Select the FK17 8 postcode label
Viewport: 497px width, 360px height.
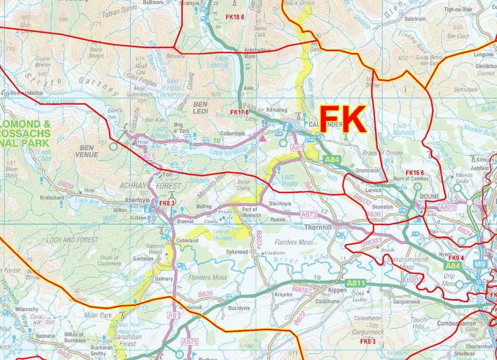[239, 112]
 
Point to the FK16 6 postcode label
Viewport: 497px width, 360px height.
[415, 173]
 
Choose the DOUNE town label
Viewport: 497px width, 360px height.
[429, 197]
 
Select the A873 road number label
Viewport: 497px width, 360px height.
[309, 215]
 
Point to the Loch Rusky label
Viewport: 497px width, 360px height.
[288, 180]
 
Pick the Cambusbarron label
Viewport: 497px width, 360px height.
[458, 323]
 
